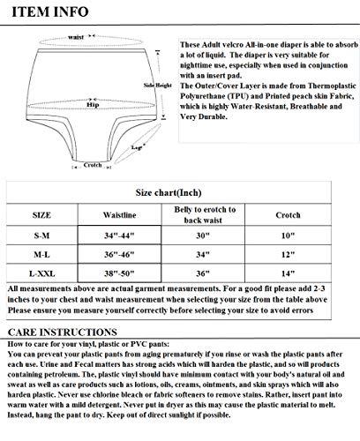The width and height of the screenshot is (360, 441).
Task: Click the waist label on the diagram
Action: tap(76, 39)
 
